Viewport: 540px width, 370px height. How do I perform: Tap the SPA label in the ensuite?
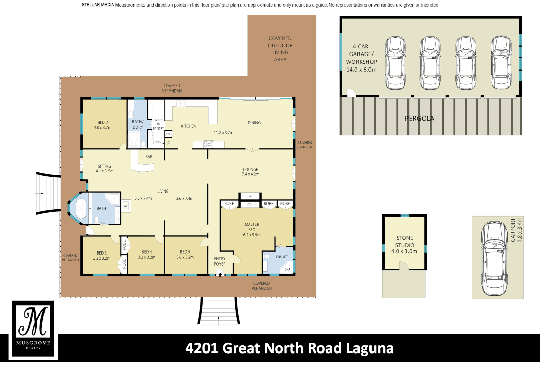tap(287, 269)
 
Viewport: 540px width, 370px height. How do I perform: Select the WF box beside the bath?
tap(126, 206)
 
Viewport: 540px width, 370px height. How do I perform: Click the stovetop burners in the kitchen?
tap(209, 144)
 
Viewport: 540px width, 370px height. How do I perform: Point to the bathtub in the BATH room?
tap(81, 209)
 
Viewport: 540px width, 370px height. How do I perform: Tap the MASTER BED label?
tap(252, 227)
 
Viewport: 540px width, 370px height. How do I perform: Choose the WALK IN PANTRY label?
tap(159, 124)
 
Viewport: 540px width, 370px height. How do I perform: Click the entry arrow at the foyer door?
tap(220, 275)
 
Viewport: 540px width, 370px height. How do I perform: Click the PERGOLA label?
tap(419, 119)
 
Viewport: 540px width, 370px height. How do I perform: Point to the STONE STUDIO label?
tap(404, 242)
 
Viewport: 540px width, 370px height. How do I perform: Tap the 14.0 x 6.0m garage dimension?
tap(361, 70)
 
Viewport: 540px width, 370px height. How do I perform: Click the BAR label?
tap(149, 157)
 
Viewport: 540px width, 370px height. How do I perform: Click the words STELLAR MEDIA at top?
tap(98, 5)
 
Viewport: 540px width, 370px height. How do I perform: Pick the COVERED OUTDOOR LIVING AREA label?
tap(280, 49)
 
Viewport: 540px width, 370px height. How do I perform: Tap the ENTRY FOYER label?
tap(219, 261)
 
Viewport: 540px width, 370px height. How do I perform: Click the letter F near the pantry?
tap(168, 144)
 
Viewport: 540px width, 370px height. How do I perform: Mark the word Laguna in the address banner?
tap(369, 348)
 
